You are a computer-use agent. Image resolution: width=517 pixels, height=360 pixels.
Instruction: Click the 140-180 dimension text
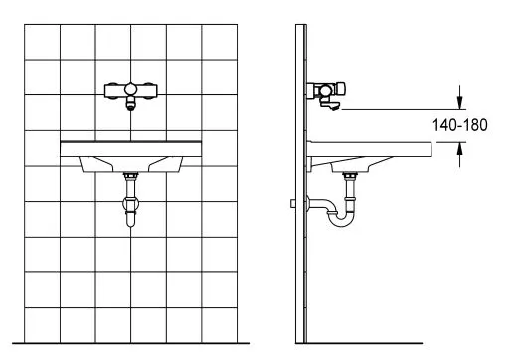[459, 125]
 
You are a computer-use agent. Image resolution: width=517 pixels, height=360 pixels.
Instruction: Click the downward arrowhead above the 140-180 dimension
[459, 102]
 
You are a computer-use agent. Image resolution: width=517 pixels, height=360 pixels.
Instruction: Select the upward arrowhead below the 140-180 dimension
[459, 149]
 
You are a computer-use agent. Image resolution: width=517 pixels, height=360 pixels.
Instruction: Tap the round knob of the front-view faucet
[130, 90]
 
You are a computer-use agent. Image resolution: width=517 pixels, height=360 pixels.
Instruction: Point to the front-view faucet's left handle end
[107, 90]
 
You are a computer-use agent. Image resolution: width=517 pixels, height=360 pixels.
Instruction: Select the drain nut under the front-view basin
[130, 176]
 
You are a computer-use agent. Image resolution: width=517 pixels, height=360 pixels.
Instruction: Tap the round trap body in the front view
[130, 203]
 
